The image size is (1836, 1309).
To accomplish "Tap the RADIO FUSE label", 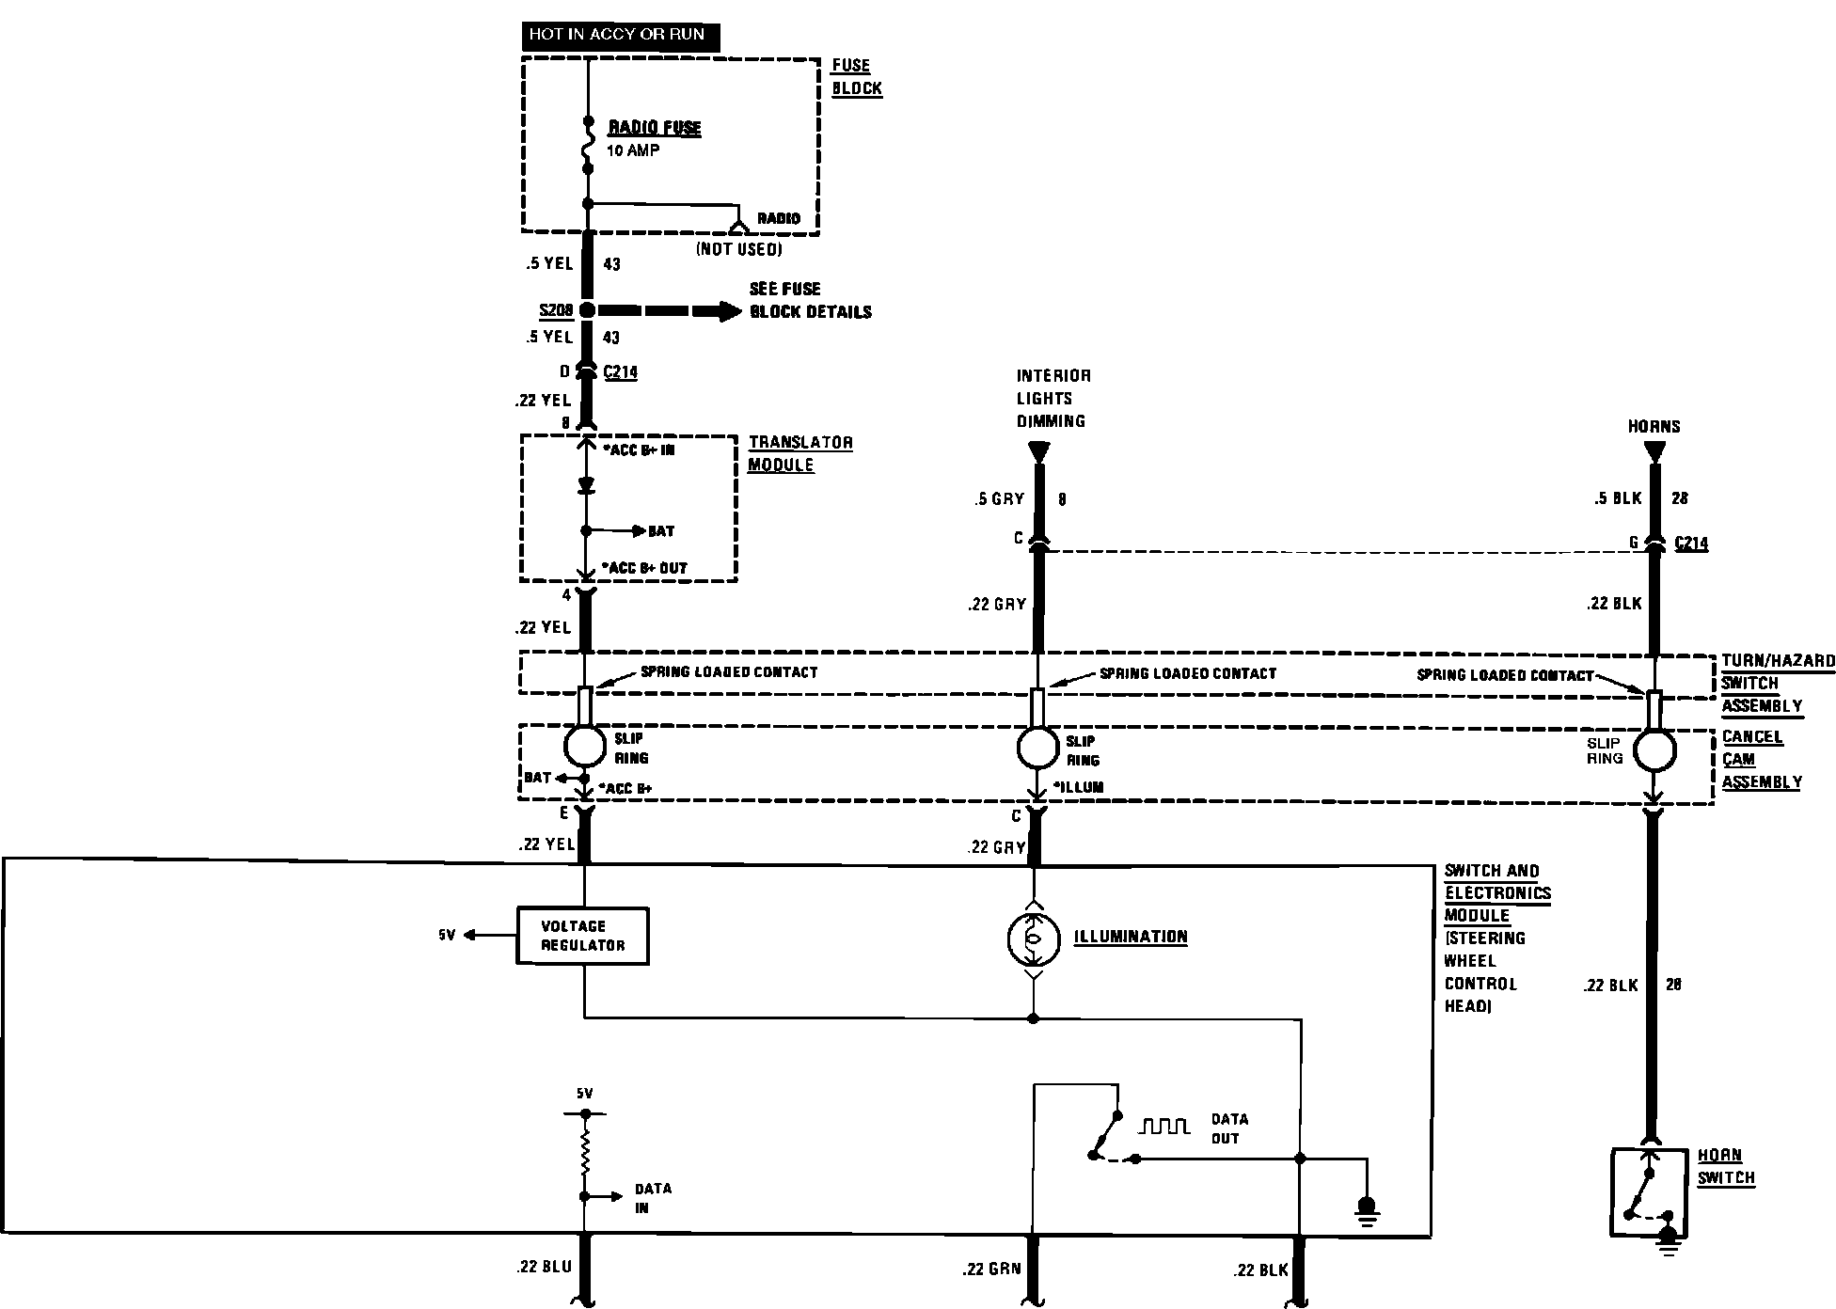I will [655, 128].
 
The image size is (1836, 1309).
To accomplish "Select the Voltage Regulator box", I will [583, 936].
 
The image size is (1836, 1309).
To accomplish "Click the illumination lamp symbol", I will [1033, 937].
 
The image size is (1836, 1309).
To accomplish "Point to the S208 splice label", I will [555, 310].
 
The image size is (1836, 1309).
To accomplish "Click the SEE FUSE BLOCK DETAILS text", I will [810, 300].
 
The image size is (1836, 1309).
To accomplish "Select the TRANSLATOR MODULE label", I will [800, 453].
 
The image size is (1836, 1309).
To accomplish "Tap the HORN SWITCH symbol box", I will [1649, 1192].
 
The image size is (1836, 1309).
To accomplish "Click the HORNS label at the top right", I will [1654, 427].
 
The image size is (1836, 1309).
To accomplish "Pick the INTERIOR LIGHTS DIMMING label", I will [1053, 399].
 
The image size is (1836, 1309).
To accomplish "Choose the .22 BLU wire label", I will [544, 1268].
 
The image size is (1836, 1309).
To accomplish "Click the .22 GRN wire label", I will [991, 1270].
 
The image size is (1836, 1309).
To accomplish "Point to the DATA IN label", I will [653, 1198].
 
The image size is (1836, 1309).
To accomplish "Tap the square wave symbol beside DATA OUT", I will [1163, 1126].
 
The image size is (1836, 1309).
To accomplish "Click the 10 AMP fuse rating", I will [633, 150].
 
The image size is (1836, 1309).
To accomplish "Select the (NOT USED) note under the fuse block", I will [738, 250].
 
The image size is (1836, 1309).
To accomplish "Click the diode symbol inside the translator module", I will [585, 486].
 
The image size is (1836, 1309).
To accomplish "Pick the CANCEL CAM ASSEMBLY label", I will [1761, 760].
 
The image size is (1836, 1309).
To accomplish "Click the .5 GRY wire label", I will [999, 499].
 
